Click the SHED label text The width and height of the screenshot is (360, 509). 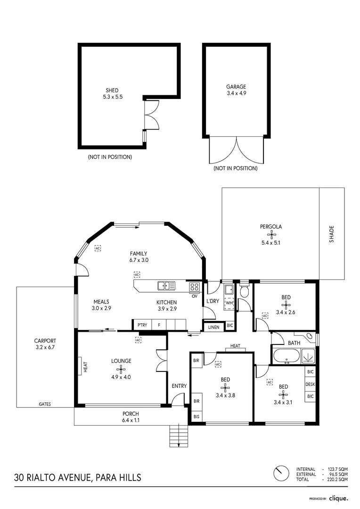pos(112,90)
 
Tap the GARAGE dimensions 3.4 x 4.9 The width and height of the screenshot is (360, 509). pos(236,93)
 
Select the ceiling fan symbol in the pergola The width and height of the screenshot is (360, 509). pos(271,234)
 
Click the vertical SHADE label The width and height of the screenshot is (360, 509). pos(332,234)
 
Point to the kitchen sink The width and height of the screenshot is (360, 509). pos(166,285)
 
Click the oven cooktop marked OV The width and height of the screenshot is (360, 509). pos(194,287)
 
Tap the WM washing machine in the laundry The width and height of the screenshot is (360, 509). pos(229,303)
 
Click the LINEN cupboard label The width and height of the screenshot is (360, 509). pos(213,326)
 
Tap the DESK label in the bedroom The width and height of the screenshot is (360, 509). pos(310,384)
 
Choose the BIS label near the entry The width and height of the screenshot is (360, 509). pos(196,416)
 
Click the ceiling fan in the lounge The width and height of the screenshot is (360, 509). pos(121,369)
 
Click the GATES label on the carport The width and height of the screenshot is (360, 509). pos(45,404)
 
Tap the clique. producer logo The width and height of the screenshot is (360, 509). pos(338,498)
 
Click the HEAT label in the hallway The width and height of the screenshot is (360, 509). pos(235,346)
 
